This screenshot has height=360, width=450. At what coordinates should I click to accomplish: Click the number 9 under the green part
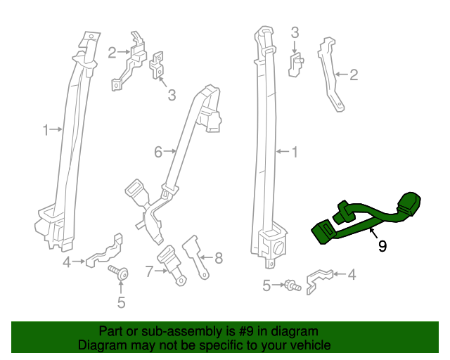[x=382, y=246]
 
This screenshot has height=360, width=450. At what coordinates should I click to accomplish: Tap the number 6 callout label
[x=158, y=151]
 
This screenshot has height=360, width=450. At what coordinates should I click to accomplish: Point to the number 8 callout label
[x=219, y=258]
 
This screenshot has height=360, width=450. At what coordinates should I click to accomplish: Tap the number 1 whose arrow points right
[x=46, y=129]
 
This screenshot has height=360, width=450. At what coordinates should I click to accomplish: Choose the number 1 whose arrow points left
[x=295, y=151]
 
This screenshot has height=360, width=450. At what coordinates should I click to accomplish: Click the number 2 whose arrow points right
[x=112, y=51]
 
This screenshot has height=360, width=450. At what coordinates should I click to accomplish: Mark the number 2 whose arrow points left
[x=354, y=74]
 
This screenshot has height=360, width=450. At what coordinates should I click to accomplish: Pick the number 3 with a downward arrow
[x=295, y=32]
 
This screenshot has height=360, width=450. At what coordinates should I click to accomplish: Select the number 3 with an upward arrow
[x=172, y=95]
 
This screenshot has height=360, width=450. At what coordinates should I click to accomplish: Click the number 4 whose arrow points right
[x=67, y=262]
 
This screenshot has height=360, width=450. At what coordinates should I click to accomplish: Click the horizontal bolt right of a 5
[x=290, y=285]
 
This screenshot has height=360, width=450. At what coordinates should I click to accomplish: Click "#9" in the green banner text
[x=251, y=331]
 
